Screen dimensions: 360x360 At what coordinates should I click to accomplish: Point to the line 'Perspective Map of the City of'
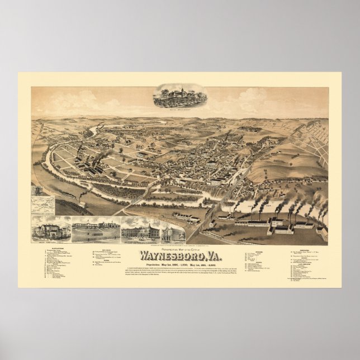click(180, 243)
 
